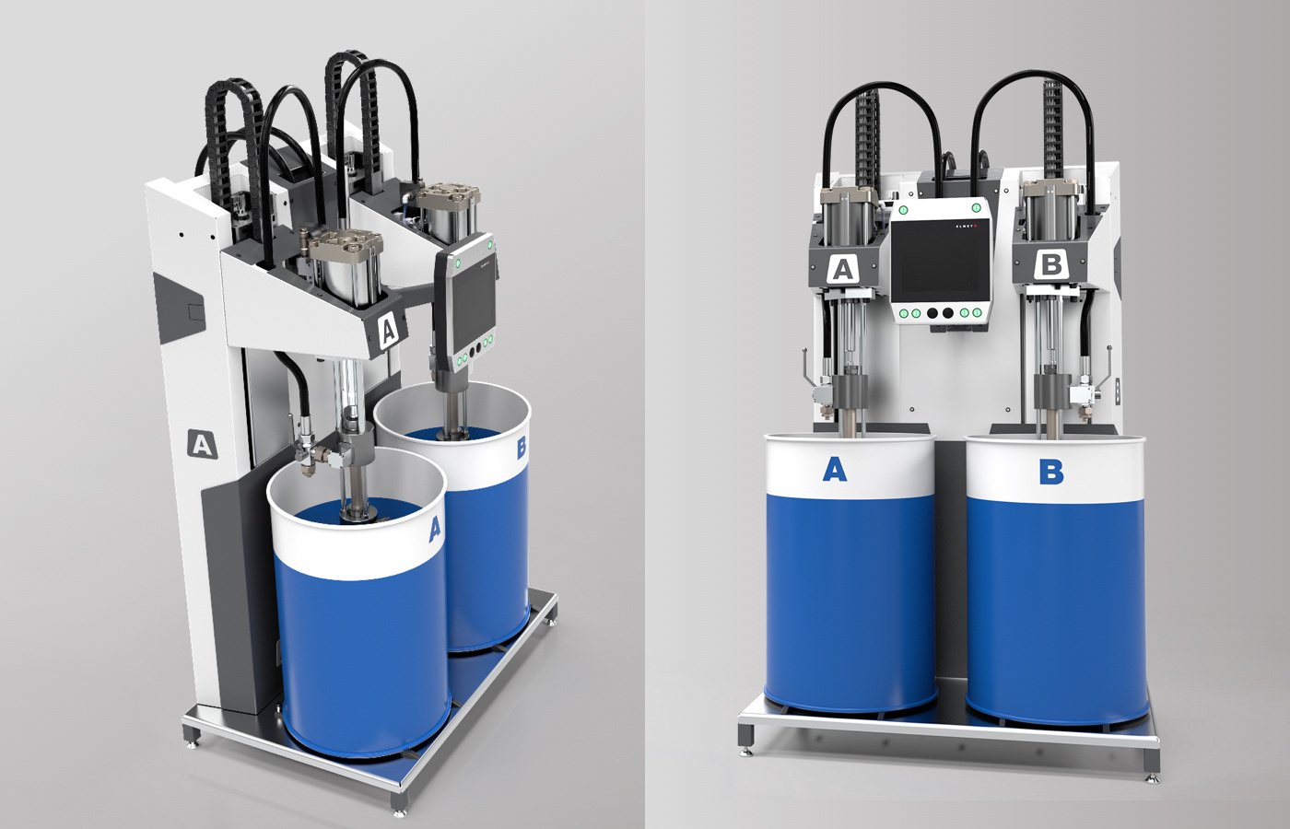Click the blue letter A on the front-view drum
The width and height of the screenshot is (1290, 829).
(834, 470)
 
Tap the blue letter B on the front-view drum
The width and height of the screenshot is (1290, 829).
(1050, 472)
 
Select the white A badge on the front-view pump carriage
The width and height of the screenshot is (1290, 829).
(841, 270)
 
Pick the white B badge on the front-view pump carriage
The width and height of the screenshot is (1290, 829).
(1050, 265)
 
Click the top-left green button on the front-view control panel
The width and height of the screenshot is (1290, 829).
(904, 209)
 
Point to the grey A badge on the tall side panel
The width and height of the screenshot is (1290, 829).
(201, 444)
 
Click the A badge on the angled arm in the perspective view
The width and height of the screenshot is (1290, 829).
(389, 329)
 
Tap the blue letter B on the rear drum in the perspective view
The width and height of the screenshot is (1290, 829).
(522, 448)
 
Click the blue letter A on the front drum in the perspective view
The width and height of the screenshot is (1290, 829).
(435, 528)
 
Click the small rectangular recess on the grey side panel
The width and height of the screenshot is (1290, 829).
(193, 310)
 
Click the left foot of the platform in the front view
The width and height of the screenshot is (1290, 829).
(747, 748)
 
